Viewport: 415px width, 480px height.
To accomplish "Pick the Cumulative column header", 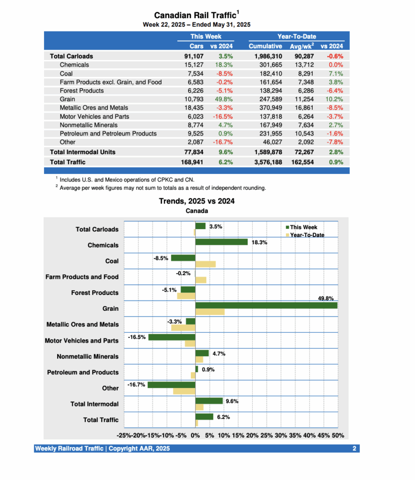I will (x=265, y=46).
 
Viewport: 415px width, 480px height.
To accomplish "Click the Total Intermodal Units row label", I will (x=83, y=152).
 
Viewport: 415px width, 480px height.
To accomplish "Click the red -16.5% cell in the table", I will (x=222, y=116).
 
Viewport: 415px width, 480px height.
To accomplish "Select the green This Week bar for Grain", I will (x=266, y=306).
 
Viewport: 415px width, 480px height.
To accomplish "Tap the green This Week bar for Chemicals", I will (x=221, y=242).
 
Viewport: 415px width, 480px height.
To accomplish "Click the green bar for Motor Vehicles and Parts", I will (x=172, y=337).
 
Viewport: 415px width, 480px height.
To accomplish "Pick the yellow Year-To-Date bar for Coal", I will (x=205, y=264).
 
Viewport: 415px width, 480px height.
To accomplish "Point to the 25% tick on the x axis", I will (x=266, y=435).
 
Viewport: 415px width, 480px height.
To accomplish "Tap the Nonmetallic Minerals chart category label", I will (x=88, y=356).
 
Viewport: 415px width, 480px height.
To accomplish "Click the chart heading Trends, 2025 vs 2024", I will (x=197, y=201).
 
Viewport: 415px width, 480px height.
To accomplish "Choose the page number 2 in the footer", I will (x=355, y=449).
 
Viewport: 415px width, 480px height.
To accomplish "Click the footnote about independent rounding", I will (x=163, y=188).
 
